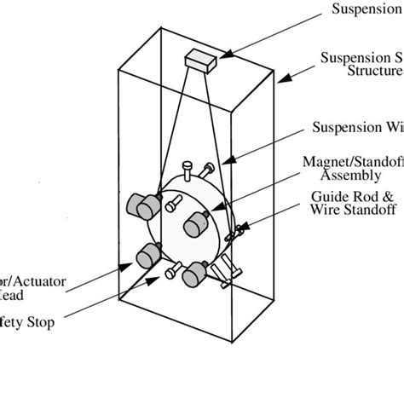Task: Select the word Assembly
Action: [x=351, y=176]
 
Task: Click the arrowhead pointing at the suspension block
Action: [x=222, y=56]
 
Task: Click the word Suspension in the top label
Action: [x=366, y=9]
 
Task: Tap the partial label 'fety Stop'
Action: [x=30, y=323]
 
